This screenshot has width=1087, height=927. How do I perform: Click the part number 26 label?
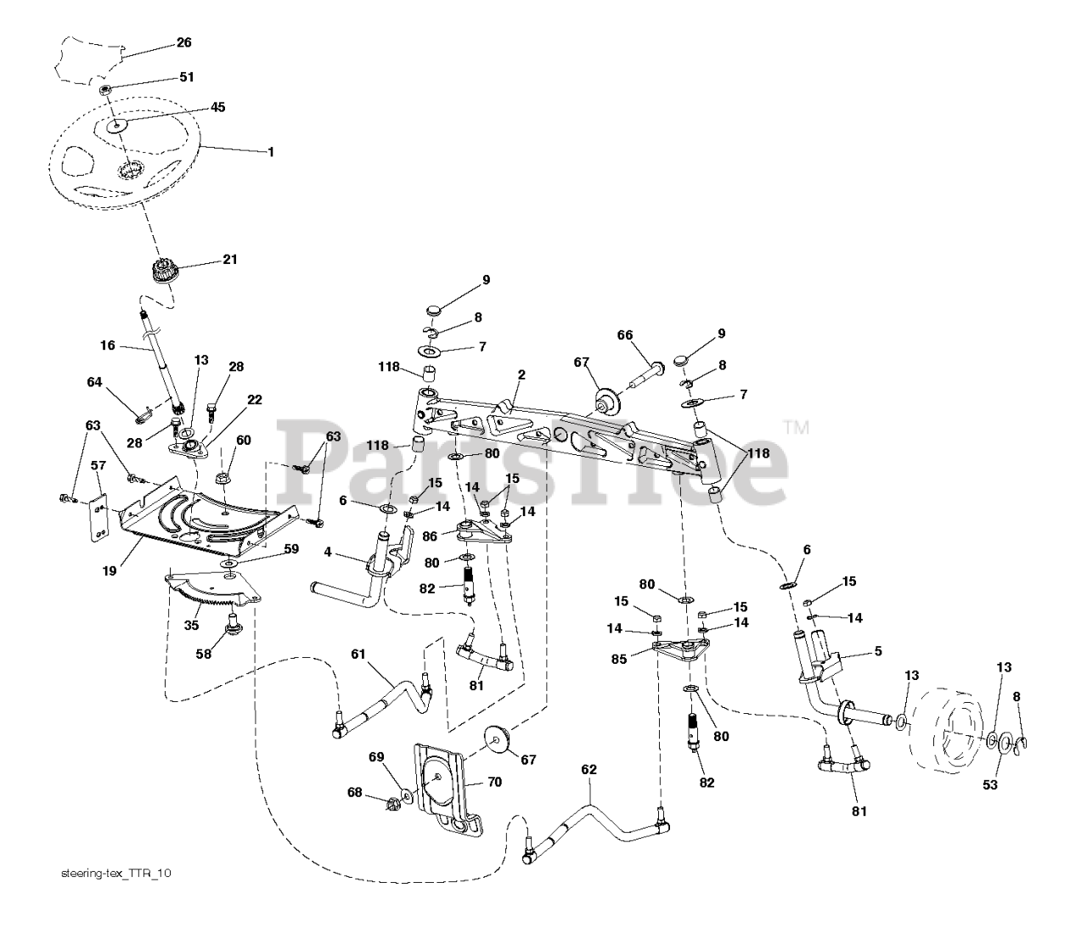tap(184, 42)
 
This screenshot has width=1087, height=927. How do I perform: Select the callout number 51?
tap(187, 77)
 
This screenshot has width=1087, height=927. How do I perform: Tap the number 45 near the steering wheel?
tap(217, 107)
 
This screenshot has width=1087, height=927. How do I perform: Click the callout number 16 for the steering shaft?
tap(108, 346)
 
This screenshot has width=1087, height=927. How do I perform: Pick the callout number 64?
tap(94, 382)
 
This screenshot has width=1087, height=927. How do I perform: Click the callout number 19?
tap(110, 570)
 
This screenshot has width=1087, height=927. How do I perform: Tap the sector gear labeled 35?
tap(213, 591)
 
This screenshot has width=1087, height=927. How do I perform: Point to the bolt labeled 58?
tap(232, 622)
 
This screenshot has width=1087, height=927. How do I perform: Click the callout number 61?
tap(358, 655)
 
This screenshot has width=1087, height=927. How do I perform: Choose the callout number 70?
tap(494, 783)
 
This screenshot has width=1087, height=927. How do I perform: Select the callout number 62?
tap(589, 770)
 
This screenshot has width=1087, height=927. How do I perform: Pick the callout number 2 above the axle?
tap(521, 375)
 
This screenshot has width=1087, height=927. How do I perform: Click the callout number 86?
tap(430, 537)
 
